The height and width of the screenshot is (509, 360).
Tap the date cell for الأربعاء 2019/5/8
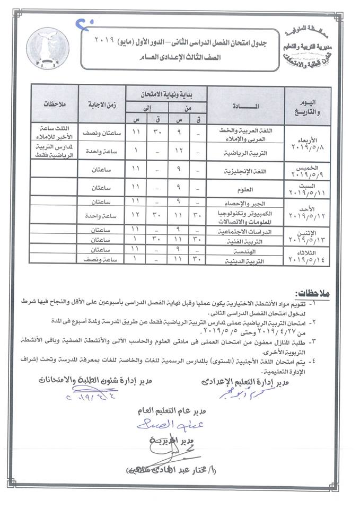click(309, 141)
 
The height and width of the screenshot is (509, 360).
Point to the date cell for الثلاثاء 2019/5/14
click(309, 253)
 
